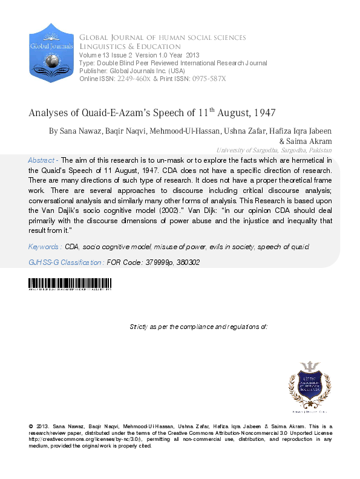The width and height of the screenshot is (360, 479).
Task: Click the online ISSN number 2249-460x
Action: point(134,79)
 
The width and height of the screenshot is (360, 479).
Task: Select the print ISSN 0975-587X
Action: point(208,79)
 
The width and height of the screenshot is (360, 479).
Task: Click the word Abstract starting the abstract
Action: point(41,160)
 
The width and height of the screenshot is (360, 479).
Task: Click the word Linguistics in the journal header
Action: point(103,47)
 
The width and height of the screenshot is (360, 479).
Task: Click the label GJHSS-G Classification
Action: point(65,262)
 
